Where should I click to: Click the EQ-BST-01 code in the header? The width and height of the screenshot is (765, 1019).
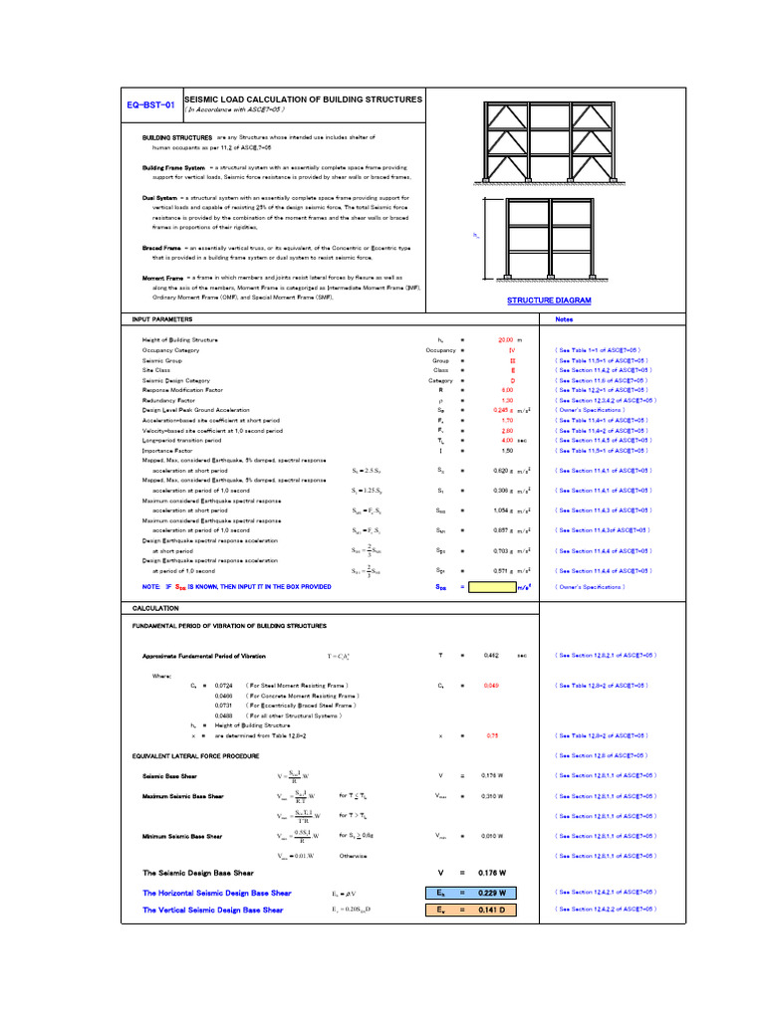pos(152,103)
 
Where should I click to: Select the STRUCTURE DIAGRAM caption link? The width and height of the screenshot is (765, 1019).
pos(549,300)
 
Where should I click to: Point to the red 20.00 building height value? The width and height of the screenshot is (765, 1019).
pos(505,340)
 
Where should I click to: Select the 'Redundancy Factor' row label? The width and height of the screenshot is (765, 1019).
pos(166,400)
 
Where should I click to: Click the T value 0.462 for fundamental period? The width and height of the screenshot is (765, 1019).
pos(490,656)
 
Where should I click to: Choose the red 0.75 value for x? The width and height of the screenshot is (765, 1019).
pos(491,735)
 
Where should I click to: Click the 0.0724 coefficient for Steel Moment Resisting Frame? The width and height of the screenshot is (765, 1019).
pos(225,686)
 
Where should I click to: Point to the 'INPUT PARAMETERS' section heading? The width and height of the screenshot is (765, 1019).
pos(162,319)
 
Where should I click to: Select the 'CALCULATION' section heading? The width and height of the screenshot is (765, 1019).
pos(155,607)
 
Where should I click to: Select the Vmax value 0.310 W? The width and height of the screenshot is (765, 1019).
pos(492,796)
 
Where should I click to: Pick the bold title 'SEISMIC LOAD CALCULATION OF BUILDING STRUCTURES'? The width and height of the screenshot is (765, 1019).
pos(304,100)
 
